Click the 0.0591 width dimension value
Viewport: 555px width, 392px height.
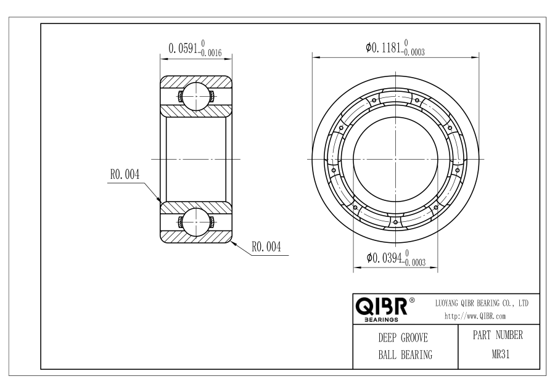(183, 48)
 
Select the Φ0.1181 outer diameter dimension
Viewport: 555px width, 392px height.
(395, 47)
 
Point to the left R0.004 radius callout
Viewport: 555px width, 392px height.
(125, 174)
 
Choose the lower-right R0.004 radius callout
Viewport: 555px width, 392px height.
(266, 247)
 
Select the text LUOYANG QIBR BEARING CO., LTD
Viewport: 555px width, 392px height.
(482, 303)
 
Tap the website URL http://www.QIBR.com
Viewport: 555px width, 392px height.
(475, 316)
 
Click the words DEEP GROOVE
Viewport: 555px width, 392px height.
(403, 338)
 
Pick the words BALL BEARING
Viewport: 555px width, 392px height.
(405, 354)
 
